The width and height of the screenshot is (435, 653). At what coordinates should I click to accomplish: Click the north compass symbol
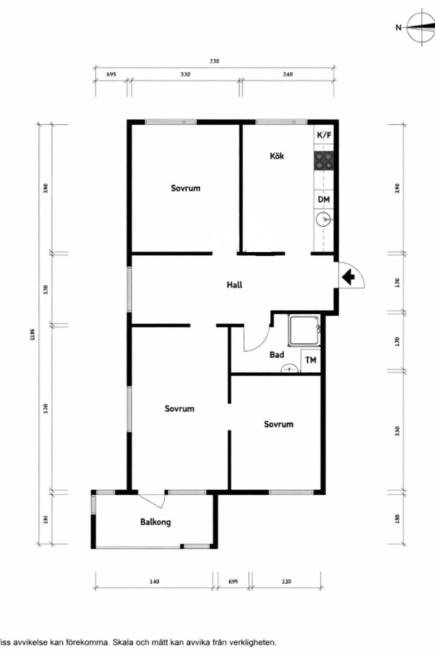click(x=420, y=27)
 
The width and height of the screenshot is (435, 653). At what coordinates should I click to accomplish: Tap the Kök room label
click(x=277, y=156)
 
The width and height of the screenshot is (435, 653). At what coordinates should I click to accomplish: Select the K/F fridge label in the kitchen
click(x=324, y=135)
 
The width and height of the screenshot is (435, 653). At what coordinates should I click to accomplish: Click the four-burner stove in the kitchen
click(x=324, y=161)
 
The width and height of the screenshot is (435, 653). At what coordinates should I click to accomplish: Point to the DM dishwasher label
click(x=324, y=200)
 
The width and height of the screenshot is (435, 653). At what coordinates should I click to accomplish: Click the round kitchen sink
click(x=324, y=220)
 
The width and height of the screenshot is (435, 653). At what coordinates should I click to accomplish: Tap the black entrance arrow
click(x=348, y=277)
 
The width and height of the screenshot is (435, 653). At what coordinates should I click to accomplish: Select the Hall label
click(x=234, y=285)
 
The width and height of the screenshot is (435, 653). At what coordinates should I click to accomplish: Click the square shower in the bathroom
click(x=304, y=331)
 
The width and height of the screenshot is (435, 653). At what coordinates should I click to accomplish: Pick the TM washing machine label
click(x=311, y=360)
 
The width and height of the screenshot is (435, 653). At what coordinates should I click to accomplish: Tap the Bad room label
click(x=276, y=355)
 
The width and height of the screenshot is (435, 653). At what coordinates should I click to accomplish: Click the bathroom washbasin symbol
click(x=289, y=369)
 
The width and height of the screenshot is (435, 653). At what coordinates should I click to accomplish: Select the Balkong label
click(x=155, y=522)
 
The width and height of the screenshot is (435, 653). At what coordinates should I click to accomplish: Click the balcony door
click(x=152, y=501)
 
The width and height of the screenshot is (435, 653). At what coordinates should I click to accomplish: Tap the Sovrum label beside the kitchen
click(x=185, y=188)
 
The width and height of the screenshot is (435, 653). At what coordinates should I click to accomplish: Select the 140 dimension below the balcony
click(x=154, y=581)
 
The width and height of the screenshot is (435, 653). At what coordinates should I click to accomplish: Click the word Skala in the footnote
click(x=122, y=643)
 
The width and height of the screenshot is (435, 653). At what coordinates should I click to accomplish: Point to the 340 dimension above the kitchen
click(x=288, y=74)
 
